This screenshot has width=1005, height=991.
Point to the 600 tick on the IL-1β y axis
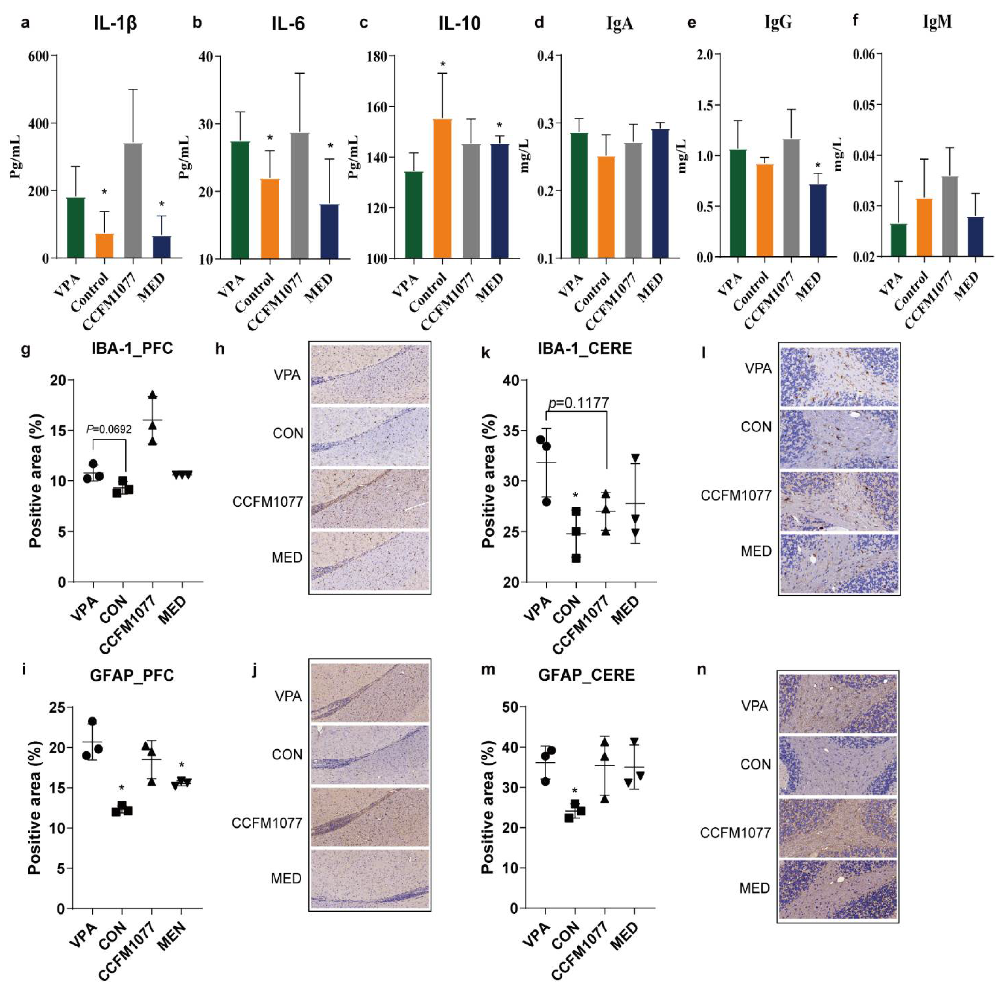tap(39, 56)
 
